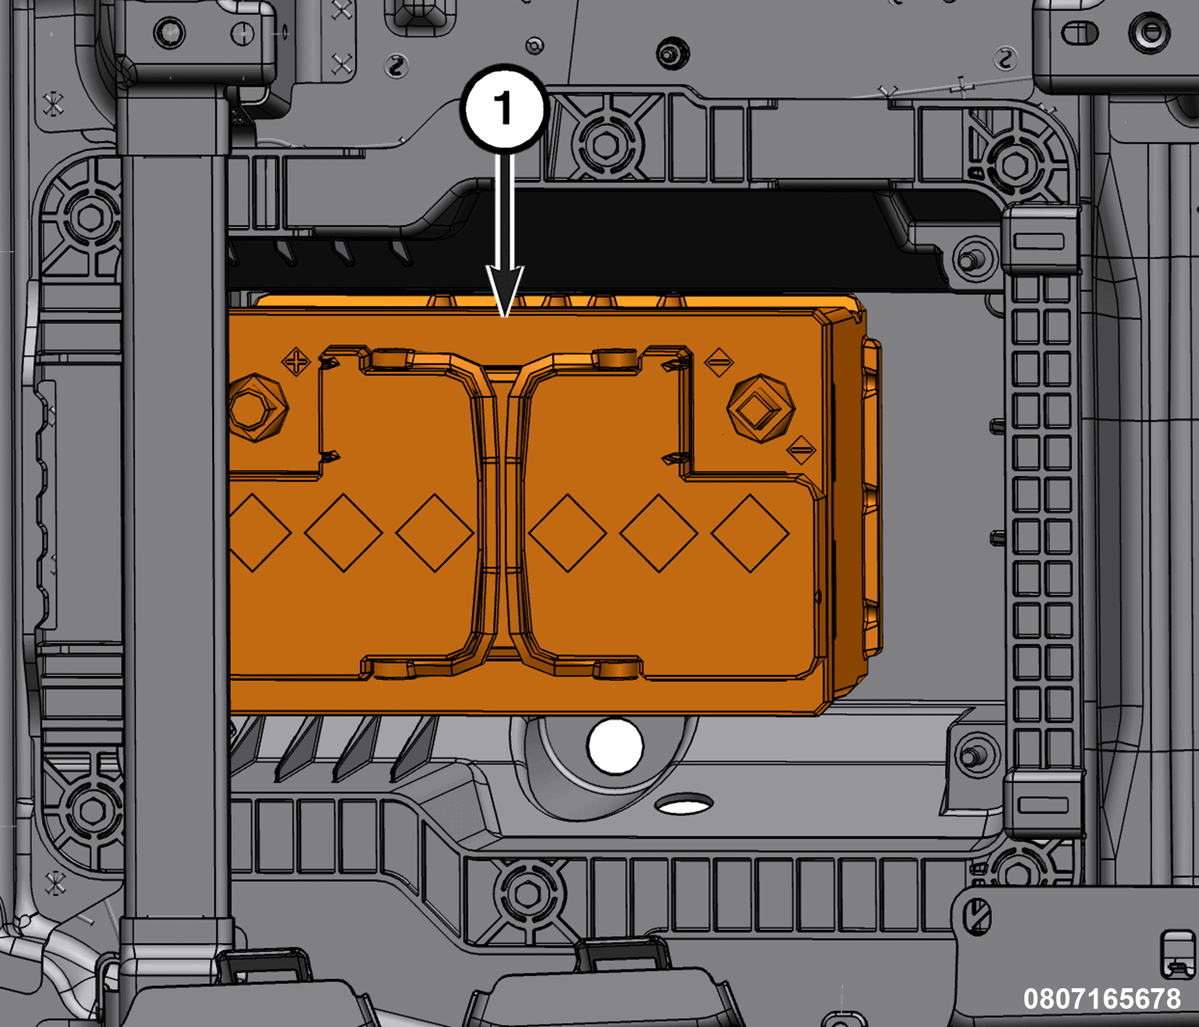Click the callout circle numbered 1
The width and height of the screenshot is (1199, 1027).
tap(504, 108)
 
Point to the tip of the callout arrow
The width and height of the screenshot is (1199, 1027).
tap(505, 316)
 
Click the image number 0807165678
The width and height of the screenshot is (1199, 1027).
tap(1102, 999)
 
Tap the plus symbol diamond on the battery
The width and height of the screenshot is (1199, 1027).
tap(296, 362)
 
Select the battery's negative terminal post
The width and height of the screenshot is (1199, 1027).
tap(761, 409)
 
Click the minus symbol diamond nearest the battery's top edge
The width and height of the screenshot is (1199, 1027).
tap(719, 362)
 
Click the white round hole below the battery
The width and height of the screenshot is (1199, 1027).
tap(614, 746)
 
